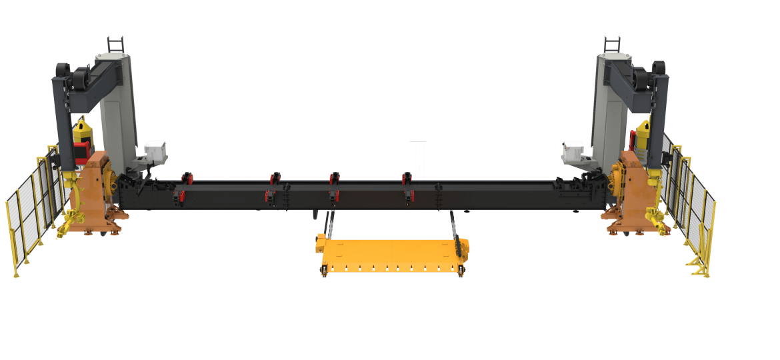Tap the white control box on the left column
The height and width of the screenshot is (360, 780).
pos(155,151)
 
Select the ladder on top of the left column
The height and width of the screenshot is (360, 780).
pos(116,43)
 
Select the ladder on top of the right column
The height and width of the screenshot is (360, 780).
pos(613,43)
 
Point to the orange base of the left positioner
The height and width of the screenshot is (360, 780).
pos(97,193)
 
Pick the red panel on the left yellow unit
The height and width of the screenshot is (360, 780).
pos(81,151)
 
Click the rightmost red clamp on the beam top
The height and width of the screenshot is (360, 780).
pos(407,178)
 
